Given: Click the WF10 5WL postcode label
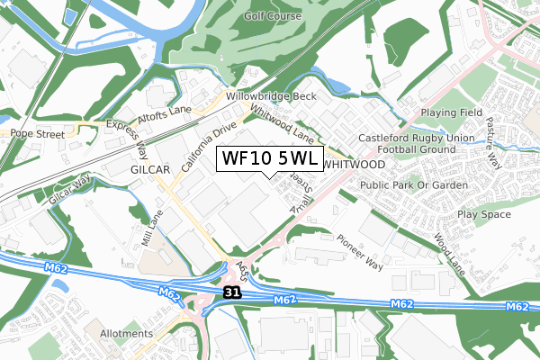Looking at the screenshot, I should click(268, 159).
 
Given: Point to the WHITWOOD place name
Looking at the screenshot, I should click(353, 165).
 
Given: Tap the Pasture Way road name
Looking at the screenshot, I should click(492, 141).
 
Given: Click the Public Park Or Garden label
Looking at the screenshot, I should click(413, 184).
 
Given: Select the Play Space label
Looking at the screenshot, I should click(483, 214).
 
